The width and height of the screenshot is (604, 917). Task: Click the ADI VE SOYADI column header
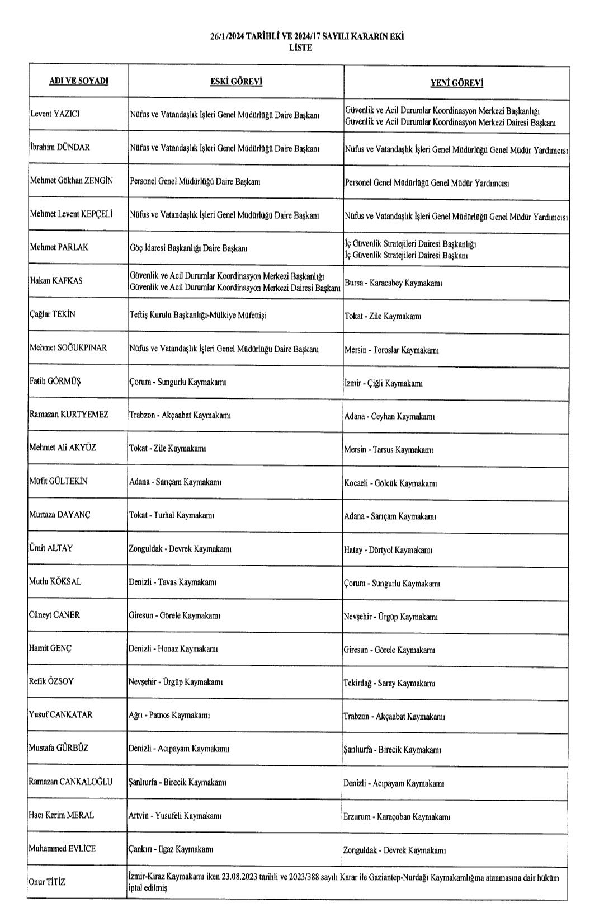(79, 81)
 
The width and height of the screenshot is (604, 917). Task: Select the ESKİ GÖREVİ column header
(236, 82)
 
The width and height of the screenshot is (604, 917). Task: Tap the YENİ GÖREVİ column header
(456, 83)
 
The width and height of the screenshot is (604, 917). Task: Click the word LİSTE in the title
(301, 48)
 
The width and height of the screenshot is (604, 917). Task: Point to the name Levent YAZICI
(55, 114)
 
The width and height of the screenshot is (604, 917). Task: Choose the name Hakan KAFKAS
(56, 281)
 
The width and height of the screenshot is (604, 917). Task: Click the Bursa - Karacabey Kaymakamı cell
(393, 283)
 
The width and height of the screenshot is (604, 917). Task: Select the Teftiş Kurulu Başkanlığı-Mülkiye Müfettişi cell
(198, 315)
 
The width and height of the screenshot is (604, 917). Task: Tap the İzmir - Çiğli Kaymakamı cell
(383, 383)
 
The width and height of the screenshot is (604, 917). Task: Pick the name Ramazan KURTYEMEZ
(69, 415)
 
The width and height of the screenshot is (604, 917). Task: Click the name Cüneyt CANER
(54, 615)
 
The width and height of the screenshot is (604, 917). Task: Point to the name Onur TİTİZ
(47, 882)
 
